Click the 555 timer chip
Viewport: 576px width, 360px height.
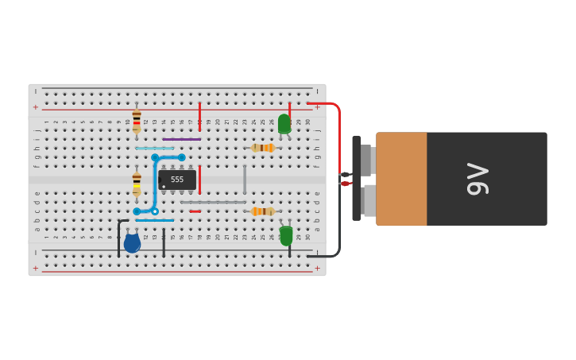177,180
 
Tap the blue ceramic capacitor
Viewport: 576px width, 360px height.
132,243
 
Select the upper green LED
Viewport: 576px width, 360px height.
284,123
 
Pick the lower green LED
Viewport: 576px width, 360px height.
286,236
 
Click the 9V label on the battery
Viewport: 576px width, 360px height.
478,179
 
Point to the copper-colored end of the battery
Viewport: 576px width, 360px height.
401,179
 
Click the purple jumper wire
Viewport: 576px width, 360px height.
181,140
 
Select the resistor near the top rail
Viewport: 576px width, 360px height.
137,121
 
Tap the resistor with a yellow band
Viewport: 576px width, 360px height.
137,183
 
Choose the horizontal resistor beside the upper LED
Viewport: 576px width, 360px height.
263,148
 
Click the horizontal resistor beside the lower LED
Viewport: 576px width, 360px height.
262,211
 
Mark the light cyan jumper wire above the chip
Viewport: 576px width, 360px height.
154,149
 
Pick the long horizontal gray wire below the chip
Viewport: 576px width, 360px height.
213,203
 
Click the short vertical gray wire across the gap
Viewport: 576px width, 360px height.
245,180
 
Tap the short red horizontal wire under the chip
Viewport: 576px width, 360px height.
195,211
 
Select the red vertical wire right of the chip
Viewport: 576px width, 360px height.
199,180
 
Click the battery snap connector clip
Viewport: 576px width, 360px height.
358,178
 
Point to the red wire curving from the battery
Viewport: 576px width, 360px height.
338,127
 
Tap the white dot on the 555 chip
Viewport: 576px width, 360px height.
164,187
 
